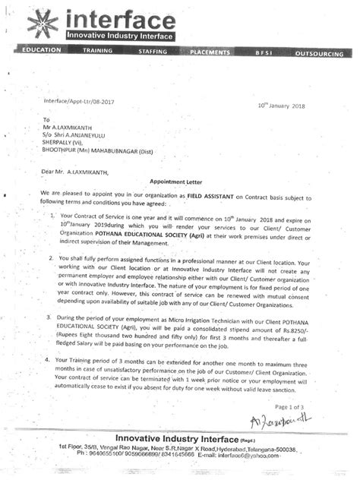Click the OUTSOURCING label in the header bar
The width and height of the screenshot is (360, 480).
[318, 54]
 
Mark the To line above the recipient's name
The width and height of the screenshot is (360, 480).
[46, 120]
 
